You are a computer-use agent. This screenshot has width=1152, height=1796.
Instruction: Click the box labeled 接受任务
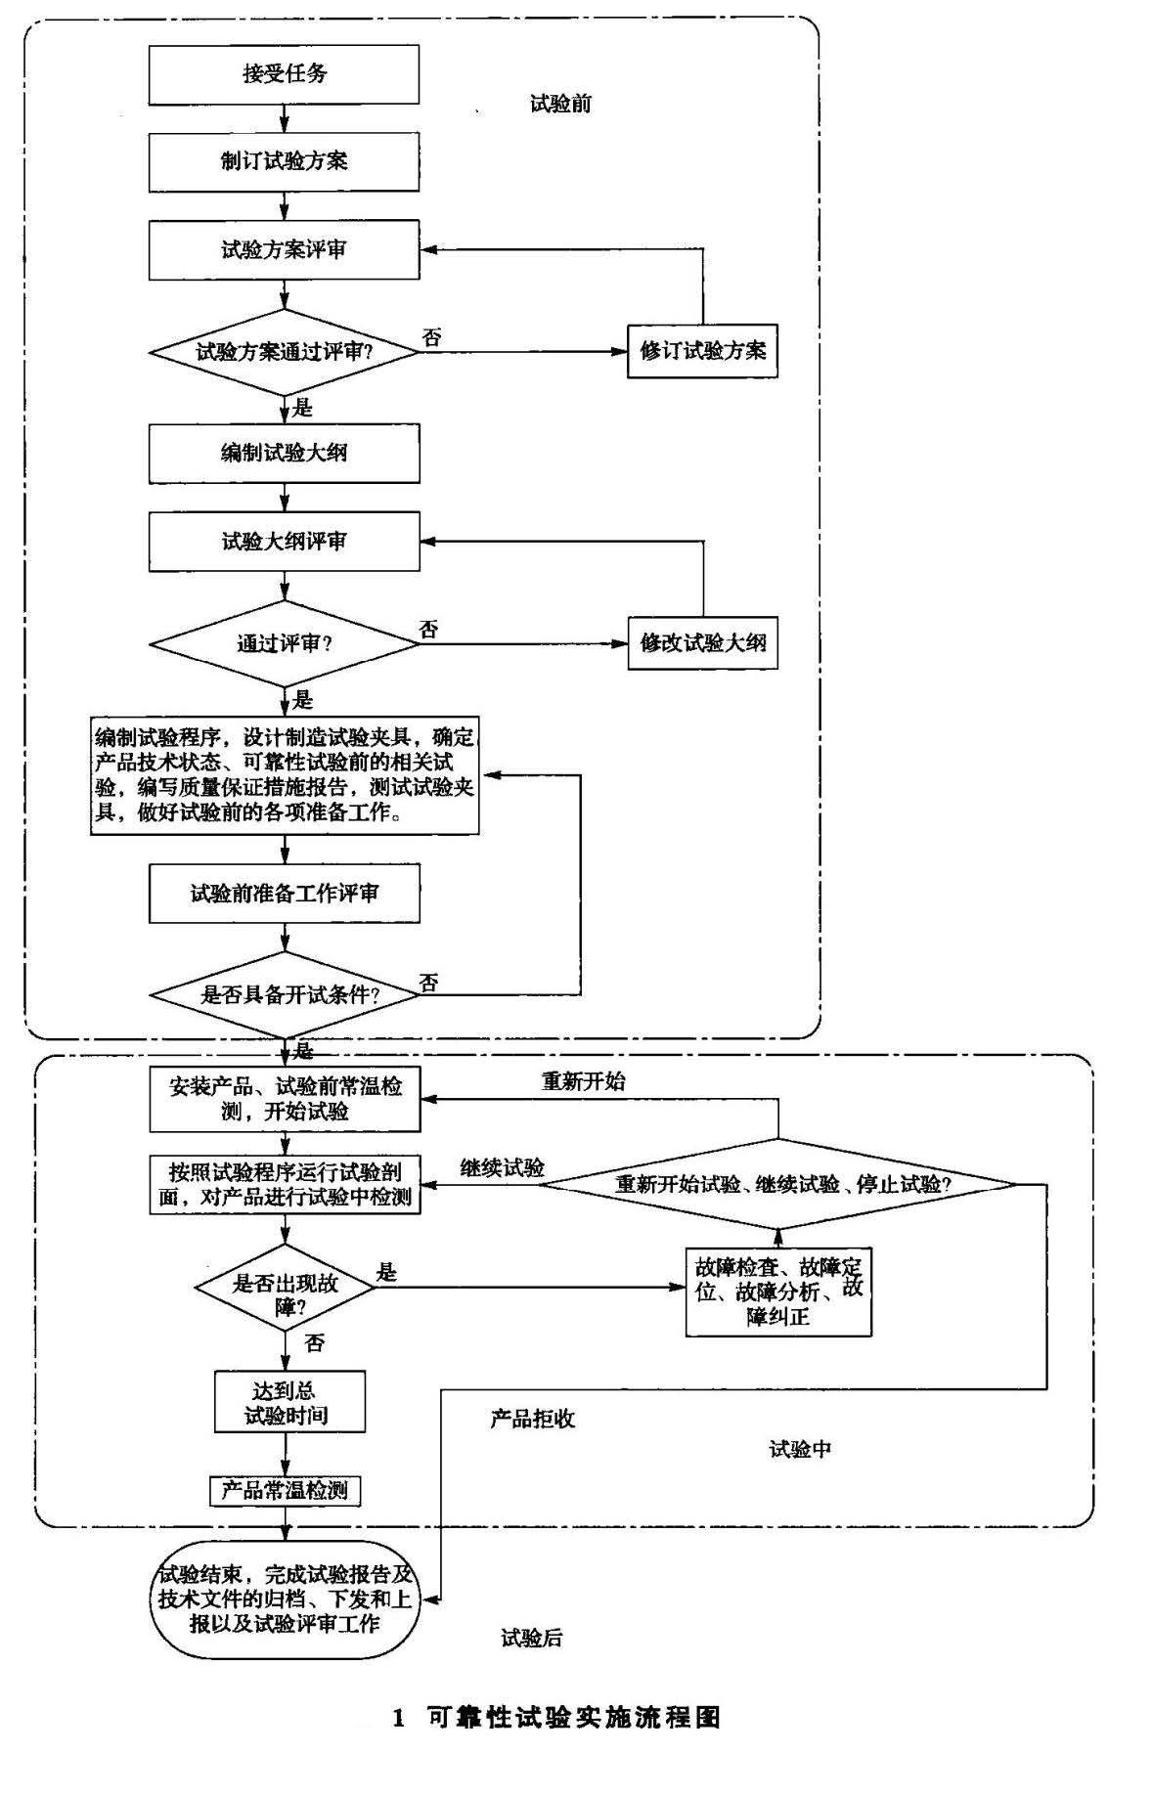pyautogui.click(x=284, y=74)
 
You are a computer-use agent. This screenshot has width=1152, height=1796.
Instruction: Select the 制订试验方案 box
pyautogui.click(x=284, y=161)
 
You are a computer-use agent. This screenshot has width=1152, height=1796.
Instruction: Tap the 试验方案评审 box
pyautogui.click(x=284, y=249)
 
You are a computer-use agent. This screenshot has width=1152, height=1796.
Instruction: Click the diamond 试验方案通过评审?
pyautogui.click(x=284, y=352)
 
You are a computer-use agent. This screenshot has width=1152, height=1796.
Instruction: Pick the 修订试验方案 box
pyautogui.click(x=702, y=351)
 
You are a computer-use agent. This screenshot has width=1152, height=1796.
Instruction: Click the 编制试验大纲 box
pyautogui.click(x=284, y=453)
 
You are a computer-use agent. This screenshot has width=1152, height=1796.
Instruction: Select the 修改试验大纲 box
pyautogui.click(x=702, y=642)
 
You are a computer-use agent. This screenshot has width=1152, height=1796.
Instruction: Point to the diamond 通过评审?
pyautogui.click(x=284, y=643)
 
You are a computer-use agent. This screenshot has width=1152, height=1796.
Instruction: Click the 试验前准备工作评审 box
pyautogui.click(x=284, y=893)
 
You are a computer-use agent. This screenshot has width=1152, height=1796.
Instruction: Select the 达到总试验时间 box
pyautogui.click(x=289, y=1402)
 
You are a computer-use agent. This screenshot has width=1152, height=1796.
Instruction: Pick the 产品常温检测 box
pyautogui.click(x=285, y=1490)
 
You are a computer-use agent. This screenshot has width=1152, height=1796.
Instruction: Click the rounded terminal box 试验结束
pyautogui.click(x=285, y=1599)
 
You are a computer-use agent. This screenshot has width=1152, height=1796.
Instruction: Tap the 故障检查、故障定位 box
pyautogui.click(x=778, y=1292)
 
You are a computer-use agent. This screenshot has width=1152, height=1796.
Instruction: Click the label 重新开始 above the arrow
pyautogui.click(x=584, y=1081)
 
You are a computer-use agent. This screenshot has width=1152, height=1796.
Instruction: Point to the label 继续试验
pyautogui.click(x=503, y=1167)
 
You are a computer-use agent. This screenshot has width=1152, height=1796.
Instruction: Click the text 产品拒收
pyautogui.click(x=533, y=1419)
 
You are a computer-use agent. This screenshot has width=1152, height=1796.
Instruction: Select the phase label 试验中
pyautogui.click(x=800, y=1449)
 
